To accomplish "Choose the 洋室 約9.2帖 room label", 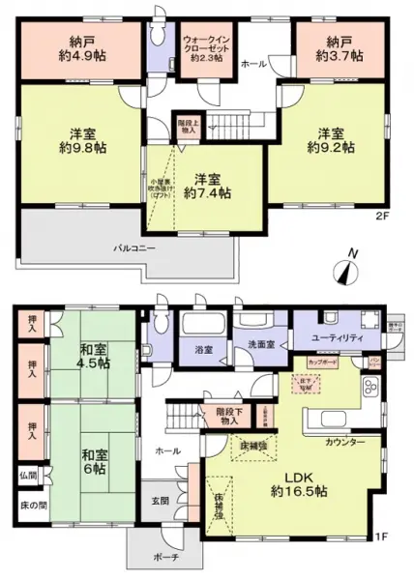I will click(330, 140).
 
